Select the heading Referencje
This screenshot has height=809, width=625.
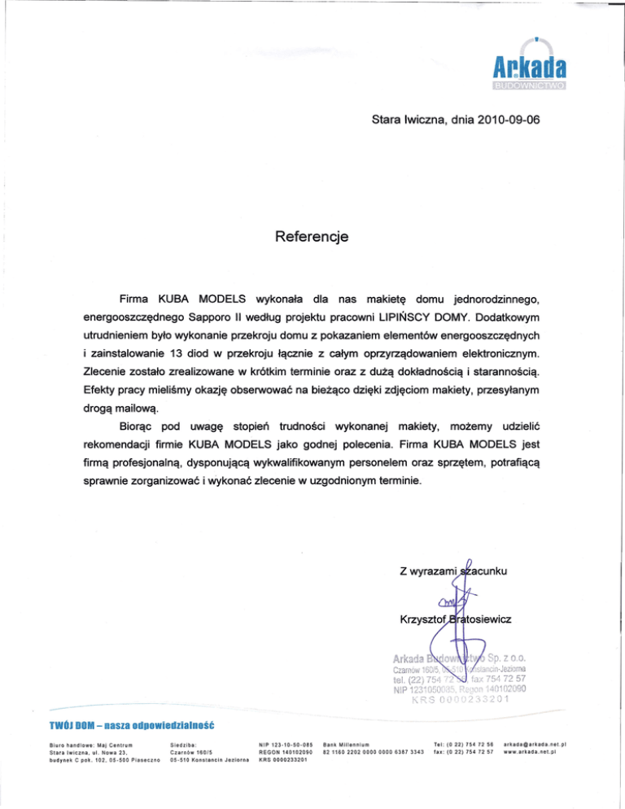click(312, 237)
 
